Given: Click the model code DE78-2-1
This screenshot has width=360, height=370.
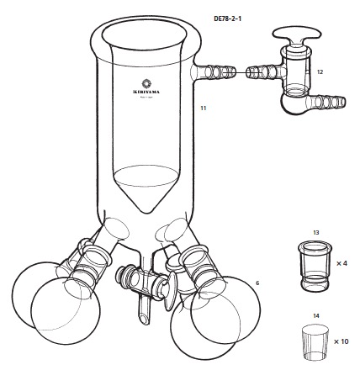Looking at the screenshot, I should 230,16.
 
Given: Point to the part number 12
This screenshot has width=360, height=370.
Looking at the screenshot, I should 320,72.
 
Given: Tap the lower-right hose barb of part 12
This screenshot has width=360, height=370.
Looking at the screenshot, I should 330,104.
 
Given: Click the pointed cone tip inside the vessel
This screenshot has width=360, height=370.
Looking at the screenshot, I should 147,208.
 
